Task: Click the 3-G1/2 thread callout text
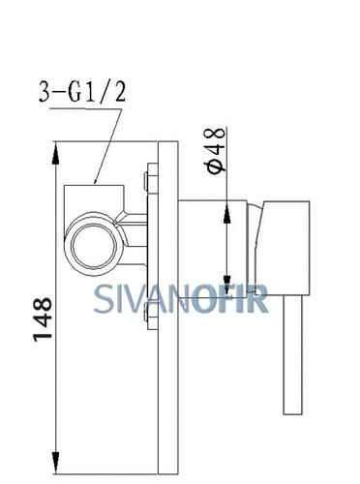click(82, 92)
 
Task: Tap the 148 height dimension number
click(43, 319)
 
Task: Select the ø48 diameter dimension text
click(215, 151)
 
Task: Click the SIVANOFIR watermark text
click(181, 299)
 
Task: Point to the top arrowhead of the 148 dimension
click(56, 155)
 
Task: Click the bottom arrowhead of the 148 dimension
click(56, 462)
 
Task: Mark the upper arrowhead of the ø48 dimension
click(226, 212)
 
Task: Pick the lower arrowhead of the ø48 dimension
click(226, 286)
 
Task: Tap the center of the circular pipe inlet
click(94, 245)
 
